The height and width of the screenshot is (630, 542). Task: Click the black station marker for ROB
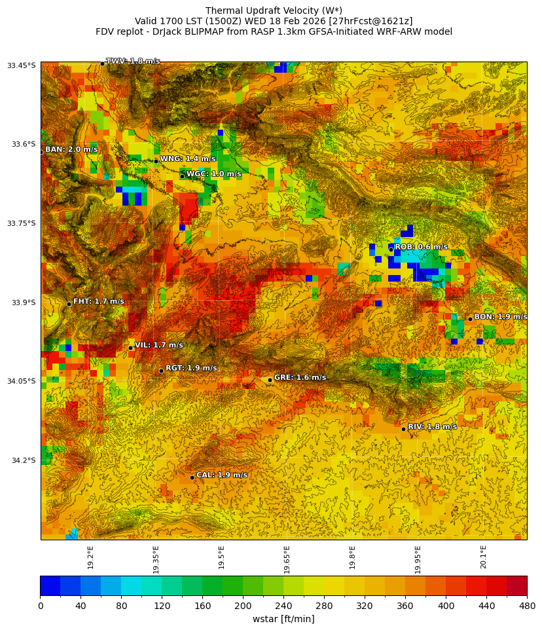pos(391,250)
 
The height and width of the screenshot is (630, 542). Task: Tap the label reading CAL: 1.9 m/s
pos(222,475)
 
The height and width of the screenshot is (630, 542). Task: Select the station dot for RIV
pos(403,429)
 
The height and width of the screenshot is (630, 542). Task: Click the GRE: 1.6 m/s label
pos(300,378)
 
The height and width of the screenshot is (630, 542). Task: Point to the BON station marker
pos(470,319)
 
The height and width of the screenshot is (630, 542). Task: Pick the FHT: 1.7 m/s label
pos(98,302)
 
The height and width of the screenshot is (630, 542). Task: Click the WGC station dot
pos(182,176)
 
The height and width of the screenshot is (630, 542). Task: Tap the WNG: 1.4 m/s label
pos(188,159)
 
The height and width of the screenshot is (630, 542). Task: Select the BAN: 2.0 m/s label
pos(71,150)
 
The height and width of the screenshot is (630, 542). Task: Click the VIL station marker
pos(130,348)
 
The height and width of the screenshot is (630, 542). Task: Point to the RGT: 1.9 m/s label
pos(191,369)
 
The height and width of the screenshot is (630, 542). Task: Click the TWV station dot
pos(102,64)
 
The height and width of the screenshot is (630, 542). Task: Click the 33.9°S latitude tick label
pos(22,303)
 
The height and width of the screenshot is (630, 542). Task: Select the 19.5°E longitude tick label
pos(221,557)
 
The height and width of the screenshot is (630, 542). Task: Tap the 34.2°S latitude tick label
pos(22,460)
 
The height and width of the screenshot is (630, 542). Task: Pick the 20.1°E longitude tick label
pos(483,557)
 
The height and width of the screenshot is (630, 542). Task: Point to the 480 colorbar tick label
pos(526,606)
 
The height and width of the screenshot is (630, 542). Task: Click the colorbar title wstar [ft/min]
pos(283,620)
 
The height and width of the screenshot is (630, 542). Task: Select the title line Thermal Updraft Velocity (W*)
pos(274,10)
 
